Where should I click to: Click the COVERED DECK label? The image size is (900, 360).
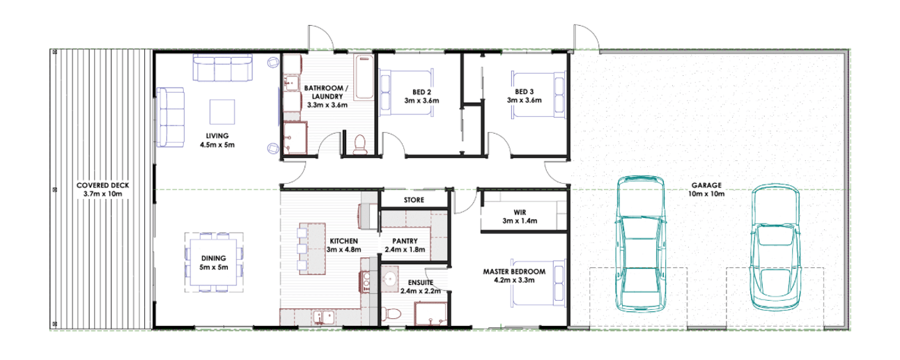click(103, 189)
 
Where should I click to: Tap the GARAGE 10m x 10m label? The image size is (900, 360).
click(706, 189)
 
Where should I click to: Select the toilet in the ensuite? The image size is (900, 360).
click(391, 313)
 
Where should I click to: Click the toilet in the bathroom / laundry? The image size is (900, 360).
click(360, 145)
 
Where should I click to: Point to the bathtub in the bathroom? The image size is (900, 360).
click(364, 77)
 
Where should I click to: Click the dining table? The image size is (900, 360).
click(214, 263)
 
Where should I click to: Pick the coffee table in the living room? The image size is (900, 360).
click(222, 112)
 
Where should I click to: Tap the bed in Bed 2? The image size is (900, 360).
click(407, 93)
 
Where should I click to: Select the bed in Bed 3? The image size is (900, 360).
click(538, 95)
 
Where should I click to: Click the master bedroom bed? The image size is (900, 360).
click(538, 283)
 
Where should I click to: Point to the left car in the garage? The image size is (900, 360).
click(640, 244)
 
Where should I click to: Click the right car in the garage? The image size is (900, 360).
click(775, 246)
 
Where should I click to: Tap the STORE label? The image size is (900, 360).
click(414, 200)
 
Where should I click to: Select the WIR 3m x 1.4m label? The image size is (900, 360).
click(520, 217)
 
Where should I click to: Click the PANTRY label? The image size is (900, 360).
click(405, 241)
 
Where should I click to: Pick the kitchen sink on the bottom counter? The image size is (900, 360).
click(324, 318)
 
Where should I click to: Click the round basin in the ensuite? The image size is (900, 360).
click(389, 279)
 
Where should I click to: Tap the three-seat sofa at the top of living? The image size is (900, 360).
click(223, 68)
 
